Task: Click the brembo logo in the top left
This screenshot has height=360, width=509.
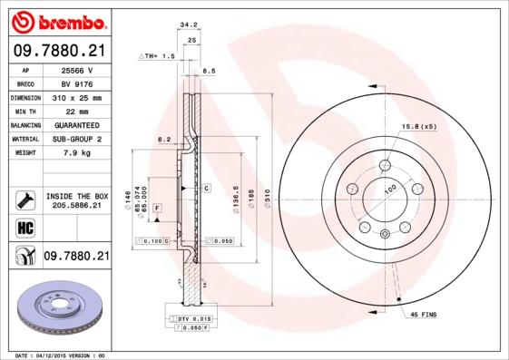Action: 55,21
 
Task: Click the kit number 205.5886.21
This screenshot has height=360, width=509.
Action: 76,206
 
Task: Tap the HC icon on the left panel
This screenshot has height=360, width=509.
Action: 24,227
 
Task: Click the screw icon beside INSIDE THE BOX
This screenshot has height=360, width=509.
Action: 24,199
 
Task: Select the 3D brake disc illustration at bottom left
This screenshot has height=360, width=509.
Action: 55,310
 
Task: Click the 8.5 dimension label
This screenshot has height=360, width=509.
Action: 208,70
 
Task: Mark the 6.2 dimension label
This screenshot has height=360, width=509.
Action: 164,139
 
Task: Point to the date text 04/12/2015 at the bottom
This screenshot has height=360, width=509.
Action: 59,355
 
